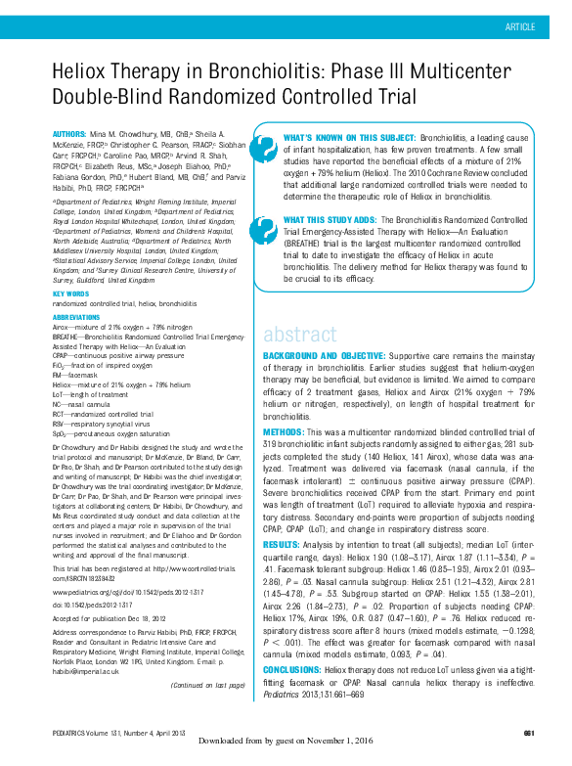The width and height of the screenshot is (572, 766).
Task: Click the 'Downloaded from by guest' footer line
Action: pos(286,754)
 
